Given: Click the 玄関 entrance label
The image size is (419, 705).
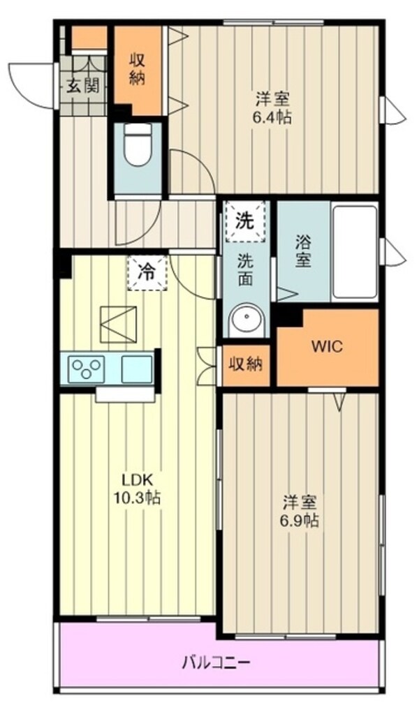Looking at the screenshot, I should tap(82, 86).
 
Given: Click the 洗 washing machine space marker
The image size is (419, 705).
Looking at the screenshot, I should tap(245, 221).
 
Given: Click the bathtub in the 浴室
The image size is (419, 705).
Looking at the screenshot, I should tap(355, 252).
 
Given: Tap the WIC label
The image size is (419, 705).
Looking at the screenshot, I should tap(327, 347).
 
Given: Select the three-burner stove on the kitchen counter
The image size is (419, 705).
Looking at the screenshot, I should tap(86, 368).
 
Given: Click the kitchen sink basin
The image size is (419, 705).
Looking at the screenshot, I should tap(136, 368).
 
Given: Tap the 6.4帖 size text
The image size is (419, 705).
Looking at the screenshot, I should tap(272, 117).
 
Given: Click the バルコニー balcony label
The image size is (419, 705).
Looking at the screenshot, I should tap(217, 660).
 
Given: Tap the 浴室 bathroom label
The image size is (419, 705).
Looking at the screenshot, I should tap(302, 251).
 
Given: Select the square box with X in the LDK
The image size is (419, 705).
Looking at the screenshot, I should tap(118, 324).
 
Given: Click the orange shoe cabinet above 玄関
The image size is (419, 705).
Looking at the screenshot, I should tap(89, 38).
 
